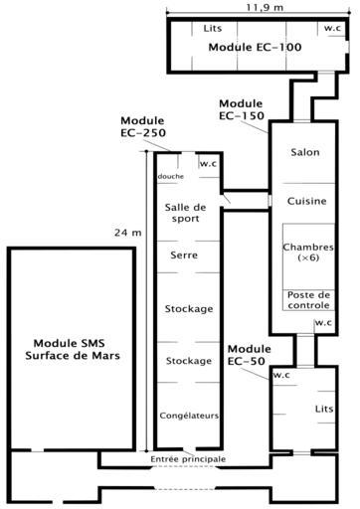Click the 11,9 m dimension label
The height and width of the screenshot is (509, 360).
pyautogui.click(x=265, y=7)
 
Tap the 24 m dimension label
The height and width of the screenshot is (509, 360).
pyautogui.click(x=128, y=233)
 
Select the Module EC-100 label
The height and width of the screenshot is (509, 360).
pyautogui.click(x=255, y=47)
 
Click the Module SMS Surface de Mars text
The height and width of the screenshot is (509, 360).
pyautogui.click(x=73, y=349)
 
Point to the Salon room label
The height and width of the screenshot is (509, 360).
pyautogui.click(x=305, y=152)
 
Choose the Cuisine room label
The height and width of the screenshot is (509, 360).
pyautogui.click(x=306, y=201)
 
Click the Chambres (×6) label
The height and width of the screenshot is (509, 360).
pyautogui.click(x=308, y=253)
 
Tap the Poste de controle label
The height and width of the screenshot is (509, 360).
pyautogui.click(x=308, y=300)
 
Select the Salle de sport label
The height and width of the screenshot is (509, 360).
pyautogui.click(x=185, y=213)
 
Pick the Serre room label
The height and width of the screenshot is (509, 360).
pyautogui.click(x=184, y=255)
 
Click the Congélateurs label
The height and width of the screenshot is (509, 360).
pyautogui.click(x=189, y=416)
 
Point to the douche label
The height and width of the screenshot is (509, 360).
pyautogui.click(x=170, y=176)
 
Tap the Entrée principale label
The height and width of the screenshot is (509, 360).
pyautogui.click(x=188, y=459)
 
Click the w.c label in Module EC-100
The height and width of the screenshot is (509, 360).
pyautogui.click(x=332, y=28)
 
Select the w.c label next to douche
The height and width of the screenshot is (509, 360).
pyautogui.click(x=208, y=164)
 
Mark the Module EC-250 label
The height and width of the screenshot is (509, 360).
pyautogui.click(x=143, y=126)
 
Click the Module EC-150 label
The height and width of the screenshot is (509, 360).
pyautogui.click(x=241, y=109)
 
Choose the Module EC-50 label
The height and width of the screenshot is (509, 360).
pyautogui.click(x=249, y=355)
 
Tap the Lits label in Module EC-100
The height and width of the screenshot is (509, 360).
pyautogui.click(x=213, y=29)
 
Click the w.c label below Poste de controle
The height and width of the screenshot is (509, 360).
pyautogui.click(x=323, y=322)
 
